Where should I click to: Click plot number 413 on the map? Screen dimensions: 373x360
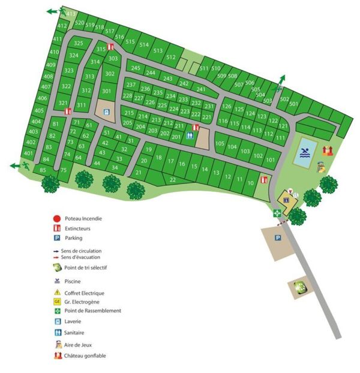tap(71, 14)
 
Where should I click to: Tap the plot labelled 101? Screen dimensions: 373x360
tap(271, 160)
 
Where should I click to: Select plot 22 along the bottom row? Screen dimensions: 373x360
tap(173, 179)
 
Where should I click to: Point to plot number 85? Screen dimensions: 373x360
tap(43, 170)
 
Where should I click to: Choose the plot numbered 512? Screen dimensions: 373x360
tap(171, 57)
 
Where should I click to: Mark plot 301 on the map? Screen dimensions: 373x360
tap(106, 91)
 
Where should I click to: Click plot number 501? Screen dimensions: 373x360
tap(293, 104)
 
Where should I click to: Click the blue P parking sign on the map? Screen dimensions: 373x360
tap(277, 238)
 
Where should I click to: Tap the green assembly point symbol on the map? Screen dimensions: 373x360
tap(277, 213)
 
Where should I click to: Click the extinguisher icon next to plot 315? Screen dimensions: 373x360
tap(110, 47)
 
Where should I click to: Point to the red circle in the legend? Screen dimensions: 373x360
tap(56, 218)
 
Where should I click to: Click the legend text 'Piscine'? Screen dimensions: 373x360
tap(73, 281)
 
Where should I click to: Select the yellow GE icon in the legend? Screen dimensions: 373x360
tap(56, 301)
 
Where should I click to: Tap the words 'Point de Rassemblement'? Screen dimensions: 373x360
tap(93, 311)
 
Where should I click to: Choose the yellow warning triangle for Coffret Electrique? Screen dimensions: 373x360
tap(56, 292)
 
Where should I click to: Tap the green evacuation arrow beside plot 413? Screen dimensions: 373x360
tap(54, 11)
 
